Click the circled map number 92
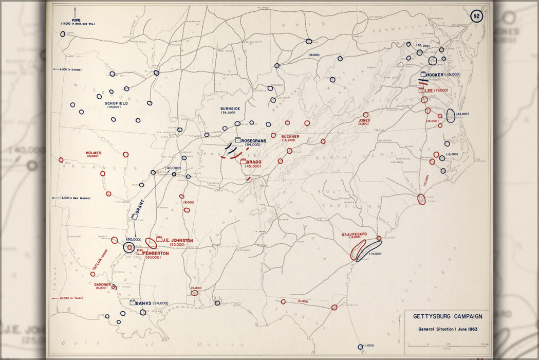(476, 15)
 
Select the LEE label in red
(429, 90)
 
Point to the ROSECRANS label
(253, 140)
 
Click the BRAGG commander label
(254, 161)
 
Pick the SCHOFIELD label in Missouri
(116, 103)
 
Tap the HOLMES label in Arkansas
(94, 153)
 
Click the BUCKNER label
(290, 136)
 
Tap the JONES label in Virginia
(364, 120)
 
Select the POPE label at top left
(76, 20)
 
